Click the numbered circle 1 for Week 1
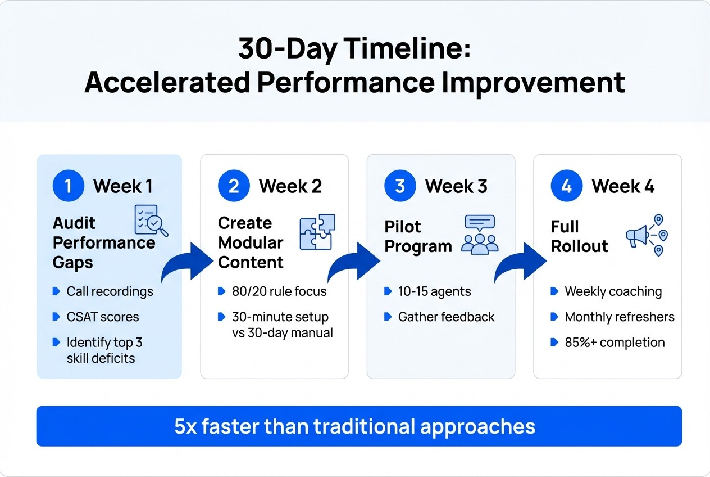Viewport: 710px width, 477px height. [x=68, y=186]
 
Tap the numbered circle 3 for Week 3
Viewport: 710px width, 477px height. [x=400, y=186]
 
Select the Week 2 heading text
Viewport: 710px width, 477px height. [x=290, y=186]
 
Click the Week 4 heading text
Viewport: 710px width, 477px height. [x=622, y=186]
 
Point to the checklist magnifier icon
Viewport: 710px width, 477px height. [x=151, y=220]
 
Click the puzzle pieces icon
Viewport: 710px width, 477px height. [x=317, y=232]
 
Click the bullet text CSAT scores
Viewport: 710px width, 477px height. [x=102, y=317]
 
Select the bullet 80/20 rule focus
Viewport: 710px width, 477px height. [x=279, y=291]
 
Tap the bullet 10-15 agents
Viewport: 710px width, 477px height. [x=434, y=291]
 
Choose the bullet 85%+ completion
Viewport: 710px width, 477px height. [x=614, y=342]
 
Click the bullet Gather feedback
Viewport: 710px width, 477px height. [x=446, y=317]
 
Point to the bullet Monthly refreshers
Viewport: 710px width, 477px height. [x=619, y=317]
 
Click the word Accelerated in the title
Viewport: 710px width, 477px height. [x=167, y=83]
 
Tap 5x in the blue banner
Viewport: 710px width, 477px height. [x=186, y=426]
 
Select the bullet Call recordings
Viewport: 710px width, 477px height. [x=110, y=291]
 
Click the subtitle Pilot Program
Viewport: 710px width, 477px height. [x=418, y=236]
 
